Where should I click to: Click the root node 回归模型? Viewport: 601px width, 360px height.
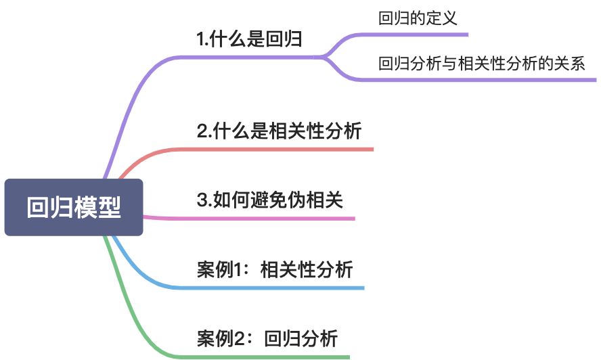[x=74, y=207]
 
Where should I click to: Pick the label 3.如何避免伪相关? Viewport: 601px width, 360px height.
[x=270, y=200]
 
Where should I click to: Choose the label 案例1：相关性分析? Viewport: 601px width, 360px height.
[x=275, y=270]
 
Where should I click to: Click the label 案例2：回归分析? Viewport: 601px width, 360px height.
[x=267, y=338]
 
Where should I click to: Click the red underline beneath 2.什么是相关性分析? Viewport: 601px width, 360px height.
[x=284, y=149]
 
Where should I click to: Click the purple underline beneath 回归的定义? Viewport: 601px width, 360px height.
[x=420, y=34]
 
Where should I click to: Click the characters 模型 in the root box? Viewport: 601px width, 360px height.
[x=99, y=207]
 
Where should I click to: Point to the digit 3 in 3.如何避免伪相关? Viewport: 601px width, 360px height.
[x=202, y=200]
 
